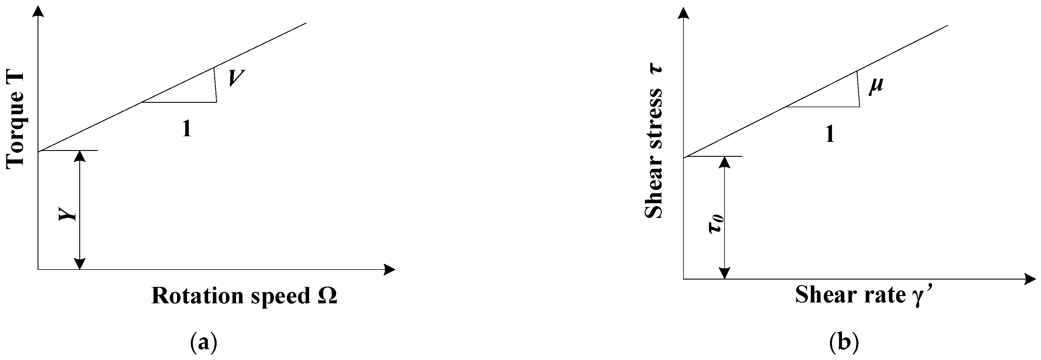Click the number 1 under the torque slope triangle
click(186, 129)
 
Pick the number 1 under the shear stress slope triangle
click(830, 134)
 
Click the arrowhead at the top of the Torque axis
click(38, 12)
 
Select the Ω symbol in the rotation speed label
click(327, 296)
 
